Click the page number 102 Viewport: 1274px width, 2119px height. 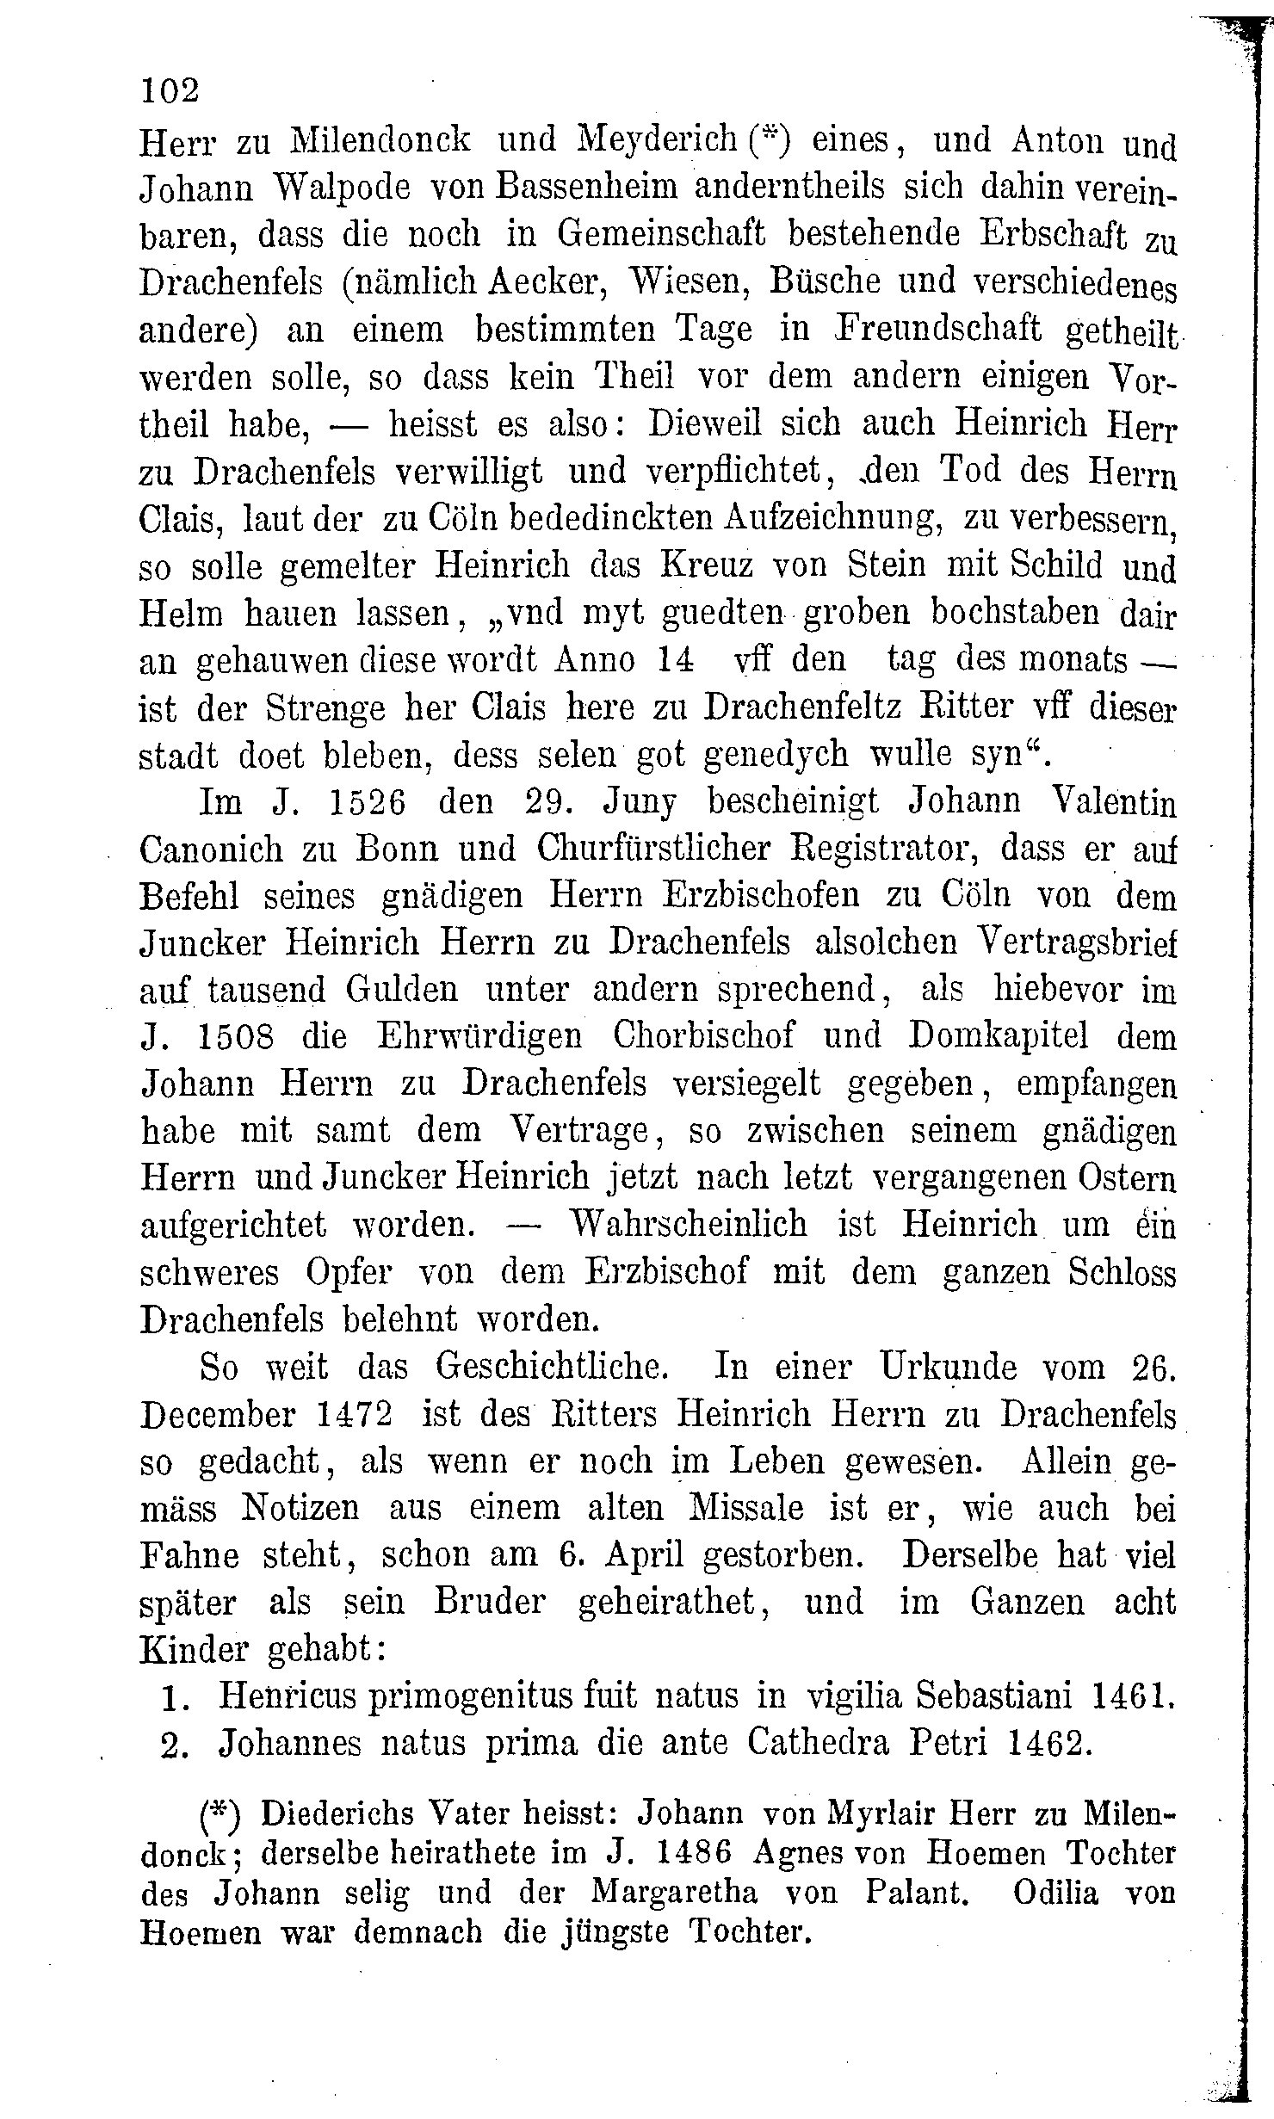(x=170, y=90)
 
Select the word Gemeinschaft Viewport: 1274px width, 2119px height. (x=661, y=235)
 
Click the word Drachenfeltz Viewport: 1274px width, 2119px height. (x=804, y=707)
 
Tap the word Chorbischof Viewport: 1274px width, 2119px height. (x=703, y=1037)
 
